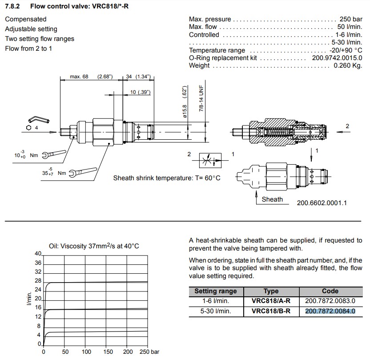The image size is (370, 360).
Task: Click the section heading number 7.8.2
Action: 13,6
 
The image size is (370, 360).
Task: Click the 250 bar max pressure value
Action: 350,19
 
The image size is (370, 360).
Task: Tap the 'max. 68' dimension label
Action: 79,77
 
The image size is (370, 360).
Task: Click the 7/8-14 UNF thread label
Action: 201,98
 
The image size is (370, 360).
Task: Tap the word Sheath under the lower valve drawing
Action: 272,199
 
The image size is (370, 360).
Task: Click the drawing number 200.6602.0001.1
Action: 322,202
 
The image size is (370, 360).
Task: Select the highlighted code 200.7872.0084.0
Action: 330,311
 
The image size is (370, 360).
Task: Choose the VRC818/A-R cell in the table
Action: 271,301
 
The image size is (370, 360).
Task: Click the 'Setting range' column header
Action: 216,291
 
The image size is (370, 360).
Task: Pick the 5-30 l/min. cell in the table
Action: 216,311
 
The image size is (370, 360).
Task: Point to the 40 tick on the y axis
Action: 38,253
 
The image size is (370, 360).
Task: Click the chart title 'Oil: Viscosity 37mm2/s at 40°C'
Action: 94,246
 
